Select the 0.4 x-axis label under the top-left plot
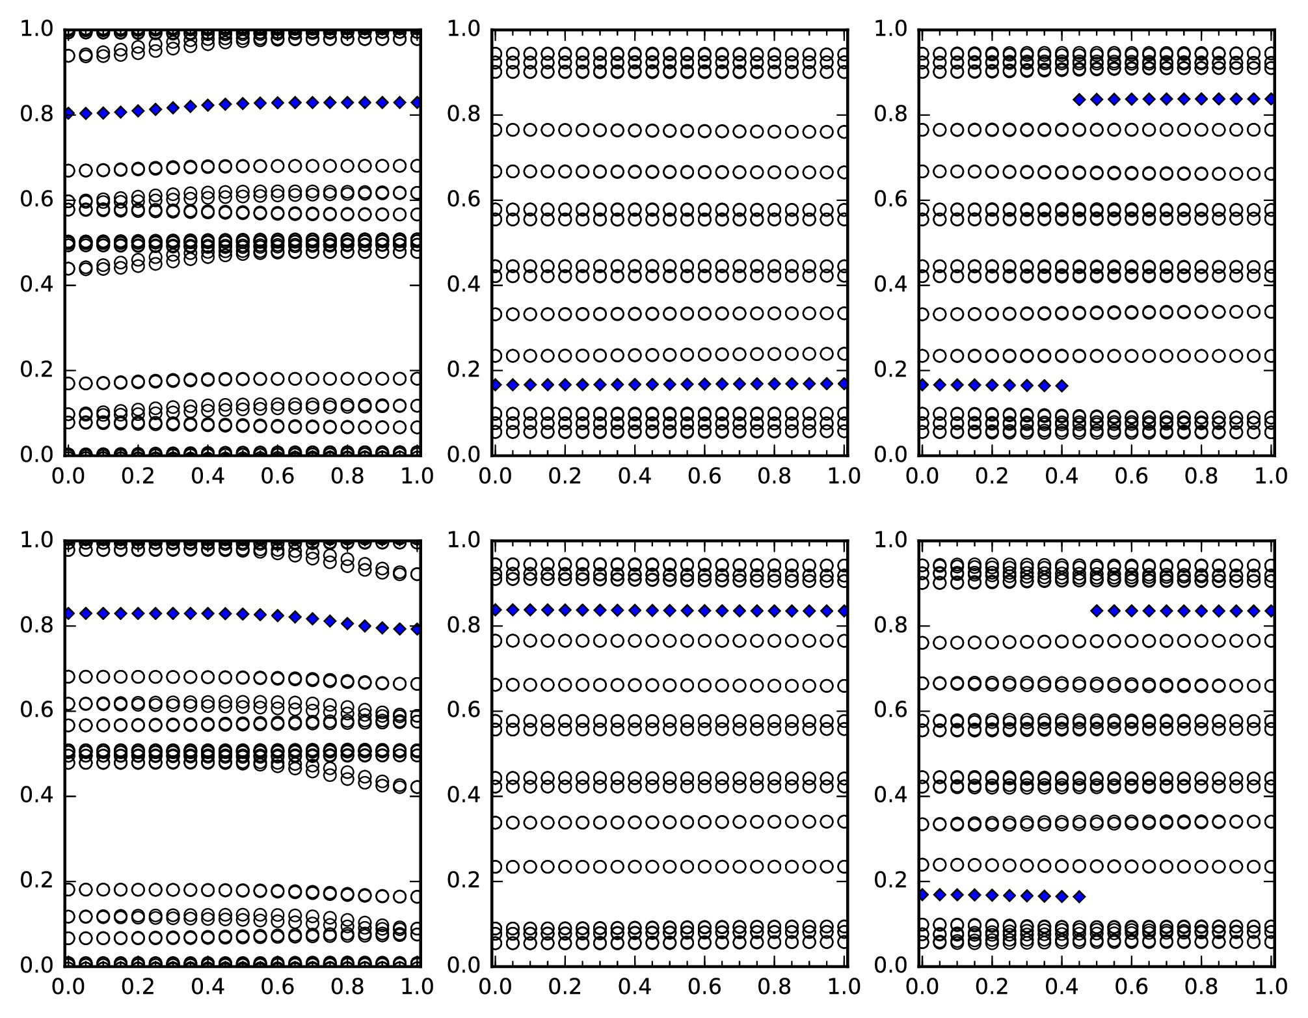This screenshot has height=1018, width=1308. click(207, 476)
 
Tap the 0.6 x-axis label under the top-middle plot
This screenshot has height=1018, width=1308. click(704, 476)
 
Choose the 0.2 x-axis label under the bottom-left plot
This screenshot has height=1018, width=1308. click(138, 987)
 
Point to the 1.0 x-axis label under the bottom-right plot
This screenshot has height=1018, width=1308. click(1271, 987)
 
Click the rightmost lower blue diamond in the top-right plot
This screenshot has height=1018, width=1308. click(1061, 386)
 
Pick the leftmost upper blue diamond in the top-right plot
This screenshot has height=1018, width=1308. click(1079, 100)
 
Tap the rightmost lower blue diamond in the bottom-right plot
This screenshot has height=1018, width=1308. click(1079, 896)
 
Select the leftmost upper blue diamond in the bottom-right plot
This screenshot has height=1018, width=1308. click(1097, 611)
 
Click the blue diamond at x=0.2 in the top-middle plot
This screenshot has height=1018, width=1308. click(565, 385)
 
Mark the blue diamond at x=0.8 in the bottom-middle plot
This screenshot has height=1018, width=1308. click(775, 611)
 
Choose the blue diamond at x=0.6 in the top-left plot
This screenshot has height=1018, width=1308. click(278, 102)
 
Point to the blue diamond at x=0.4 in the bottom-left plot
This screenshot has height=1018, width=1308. click(207, 613)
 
